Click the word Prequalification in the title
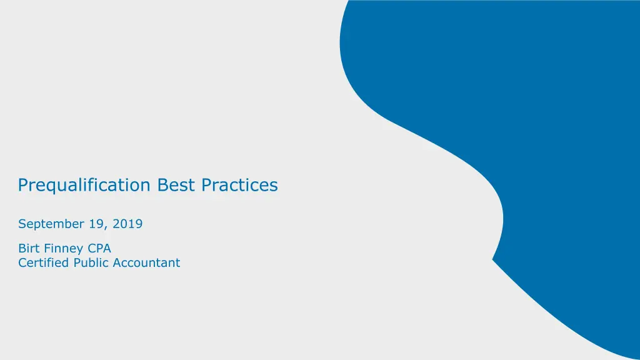(x=84, y=186)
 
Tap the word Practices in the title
(x=239, y=185)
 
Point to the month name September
(x=51, y=224)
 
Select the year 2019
(x=127, y=224)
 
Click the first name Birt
(x=29, y=248)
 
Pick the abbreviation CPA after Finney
(x=99, y=248)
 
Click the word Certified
(x=43, y=262)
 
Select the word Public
(x=91, y=262)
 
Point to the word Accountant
(x=146, y=262)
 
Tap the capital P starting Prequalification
(x=23, y=185)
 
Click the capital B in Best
(x=162, y=185)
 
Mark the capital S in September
(x=22, y=224)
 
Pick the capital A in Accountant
(x=117, y=263)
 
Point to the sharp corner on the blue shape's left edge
(x=492, y=259)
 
